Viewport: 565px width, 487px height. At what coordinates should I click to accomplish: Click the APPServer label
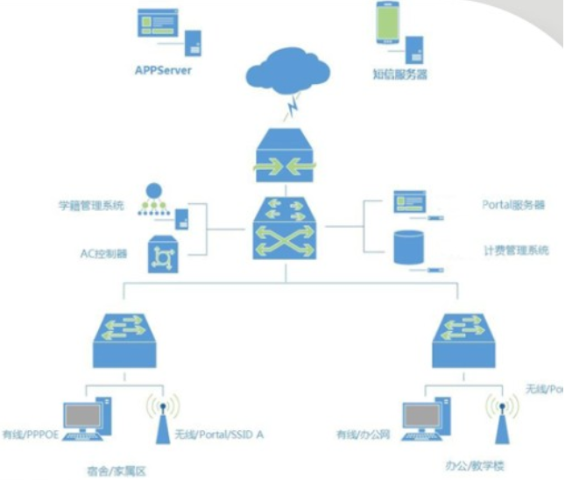163,70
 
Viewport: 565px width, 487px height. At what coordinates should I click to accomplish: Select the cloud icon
290,69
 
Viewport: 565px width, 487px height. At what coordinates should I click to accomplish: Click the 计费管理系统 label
516,251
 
